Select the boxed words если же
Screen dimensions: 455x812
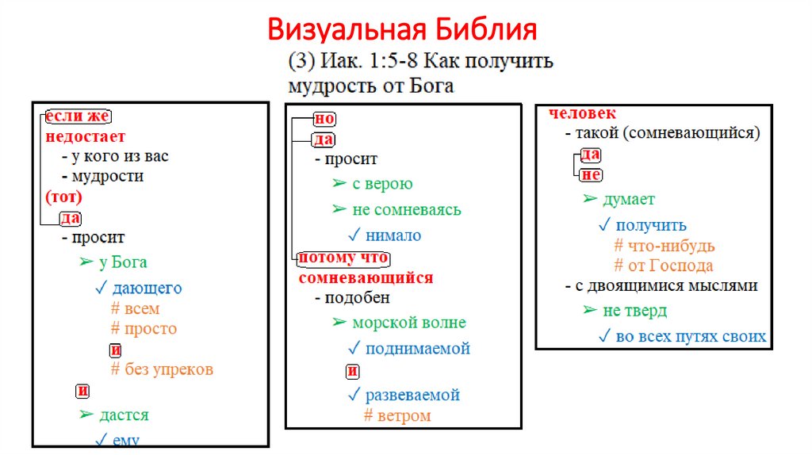(x=77, y=117)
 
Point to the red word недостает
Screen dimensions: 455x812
(x=85, y=136)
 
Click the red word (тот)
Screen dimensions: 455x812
(x=64, y=197)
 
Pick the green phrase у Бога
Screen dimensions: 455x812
(x=123, y=262)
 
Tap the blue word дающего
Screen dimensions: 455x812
(x=147, y=288)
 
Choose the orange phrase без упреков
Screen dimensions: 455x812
(x=169, y=369)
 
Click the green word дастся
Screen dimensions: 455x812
(x=124, y=415)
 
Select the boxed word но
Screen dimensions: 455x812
(x=325, y=119)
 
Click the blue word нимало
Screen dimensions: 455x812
(x=393, y=235)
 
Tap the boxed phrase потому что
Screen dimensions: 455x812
(x=343, y=259)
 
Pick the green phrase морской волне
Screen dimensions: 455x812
(x=409, y=323)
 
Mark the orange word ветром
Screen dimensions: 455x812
(x=404, y=415)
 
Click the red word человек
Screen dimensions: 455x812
(x=582, y=114)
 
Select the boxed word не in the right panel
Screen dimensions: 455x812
(x=591, y=175)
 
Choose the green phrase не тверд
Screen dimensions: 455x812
(x=634, y=311)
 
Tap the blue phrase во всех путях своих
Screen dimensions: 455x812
(x=691, y=337)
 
